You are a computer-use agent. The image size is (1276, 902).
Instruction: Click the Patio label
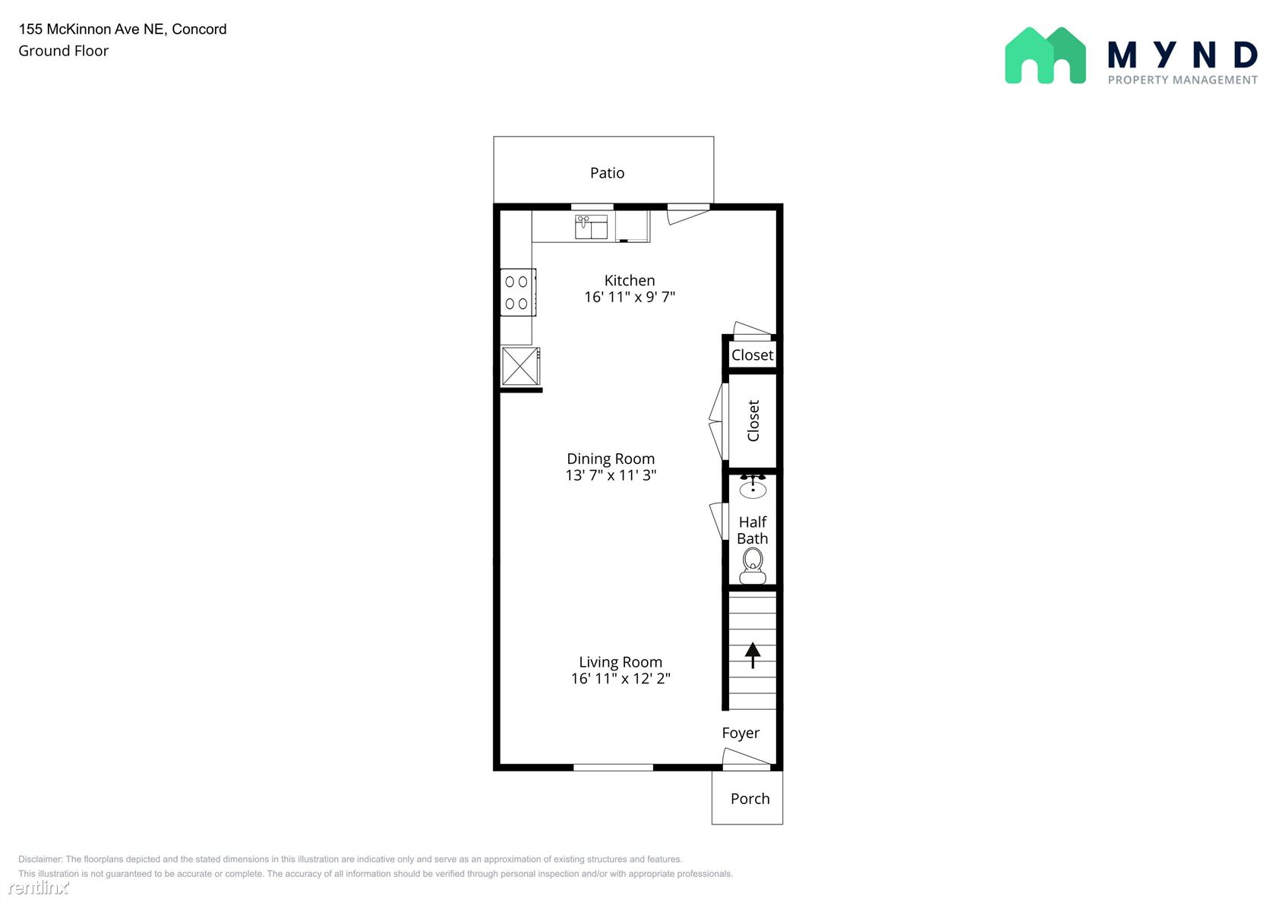pyautogui.click(x=607, y=172)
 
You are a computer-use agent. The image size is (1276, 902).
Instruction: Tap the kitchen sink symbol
pyautogui.click(x=591, y=226)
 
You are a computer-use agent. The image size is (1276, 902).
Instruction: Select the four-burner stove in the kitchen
pyautogui.click(x=518, y=292)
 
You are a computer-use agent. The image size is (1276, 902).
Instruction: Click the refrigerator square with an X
pyautogui.click(x=520, y=366)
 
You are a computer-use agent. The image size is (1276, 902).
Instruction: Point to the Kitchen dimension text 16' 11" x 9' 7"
pyautogui.click(x=630, y=297)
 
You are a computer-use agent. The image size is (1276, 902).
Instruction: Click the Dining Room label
pyautogui.click(x=611, y=459)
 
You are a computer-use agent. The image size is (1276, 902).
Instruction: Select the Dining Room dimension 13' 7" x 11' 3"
pyautogui.click(x=611, y=475)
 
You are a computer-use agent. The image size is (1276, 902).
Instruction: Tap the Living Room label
pyautogui.click(x=621, y=662)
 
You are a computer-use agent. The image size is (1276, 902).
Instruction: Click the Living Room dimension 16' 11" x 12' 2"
pyautogui.click(x=621, y=678)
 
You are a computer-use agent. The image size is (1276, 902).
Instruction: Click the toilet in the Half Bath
pyautogui.click(x=753, y=566)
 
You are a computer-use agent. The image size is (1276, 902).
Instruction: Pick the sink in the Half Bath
pyautogui.click(x=753, y=487)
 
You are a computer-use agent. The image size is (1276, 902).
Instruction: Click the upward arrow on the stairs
pyautogui.click(x=753, y=654)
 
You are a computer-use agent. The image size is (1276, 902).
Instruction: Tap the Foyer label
pyautogui.click(x=741, y=733)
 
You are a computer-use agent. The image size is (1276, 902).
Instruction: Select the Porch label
pyautogui.click(x=750, y=799)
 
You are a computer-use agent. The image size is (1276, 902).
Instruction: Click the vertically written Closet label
pyautogui.click(x=753, y=421)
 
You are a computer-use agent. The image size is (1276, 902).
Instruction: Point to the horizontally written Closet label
pyautogui.click(x=752, y=355)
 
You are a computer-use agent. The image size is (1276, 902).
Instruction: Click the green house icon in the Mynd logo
pyautogui.click(x=1045, y=55)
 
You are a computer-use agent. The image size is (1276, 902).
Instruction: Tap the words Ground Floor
pyautogui.click(x=63, y=51)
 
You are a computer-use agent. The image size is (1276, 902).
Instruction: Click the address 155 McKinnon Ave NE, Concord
pyautogui.click(x=122, y=29)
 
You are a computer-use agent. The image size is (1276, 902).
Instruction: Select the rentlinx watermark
pyautogui.click(x=38, y=887)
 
